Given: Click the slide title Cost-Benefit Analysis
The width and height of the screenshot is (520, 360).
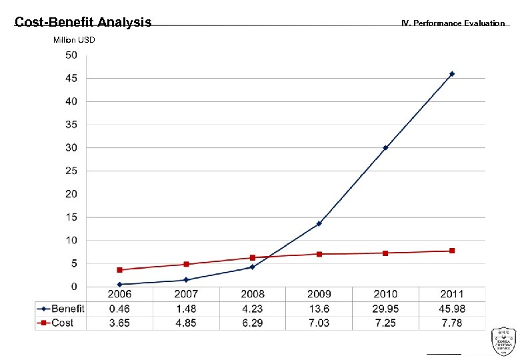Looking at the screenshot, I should pos(83,23).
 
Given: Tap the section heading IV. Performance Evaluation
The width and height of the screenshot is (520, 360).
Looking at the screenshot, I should pos(453,23).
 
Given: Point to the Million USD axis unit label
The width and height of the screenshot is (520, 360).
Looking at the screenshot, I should pos(74,40).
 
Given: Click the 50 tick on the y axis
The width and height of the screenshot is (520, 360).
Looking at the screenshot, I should pos(71,55).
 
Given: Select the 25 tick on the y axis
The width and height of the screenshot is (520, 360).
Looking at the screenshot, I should pos(71,171).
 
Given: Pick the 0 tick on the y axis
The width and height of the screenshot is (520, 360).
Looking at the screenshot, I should pos(73,287).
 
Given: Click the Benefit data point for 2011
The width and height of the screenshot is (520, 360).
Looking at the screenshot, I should pos(451,74).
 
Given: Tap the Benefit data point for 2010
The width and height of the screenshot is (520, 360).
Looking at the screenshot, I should pos(385,148).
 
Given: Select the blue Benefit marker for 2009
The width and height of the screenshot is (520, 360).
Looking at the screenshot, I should pos(319,224).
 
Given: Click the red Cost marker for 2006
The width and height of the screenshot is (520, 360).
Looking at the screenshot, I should pos(120,270).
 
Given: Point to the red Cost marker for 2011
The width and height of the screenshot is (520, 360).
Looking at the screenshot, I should pos(452,251).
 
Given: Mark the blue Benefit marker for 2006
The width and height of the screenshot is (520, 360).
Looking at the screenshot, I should pos(120,285).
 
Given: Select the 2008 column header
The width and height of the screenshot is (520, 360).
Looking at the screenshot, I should pos(252,294).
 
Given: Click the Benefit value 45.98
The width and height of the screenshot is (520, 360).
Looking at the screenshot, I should pos(452,309).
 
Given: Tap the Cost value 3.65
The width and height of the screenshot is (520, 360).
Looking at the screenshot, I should pos(120,323).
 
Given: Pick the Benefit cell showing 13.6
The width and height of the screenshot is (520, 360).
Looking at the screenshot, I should pos(319,309).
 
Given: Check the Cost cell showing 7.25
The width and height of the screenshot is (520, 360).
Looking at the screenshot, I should pos(385,323).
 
